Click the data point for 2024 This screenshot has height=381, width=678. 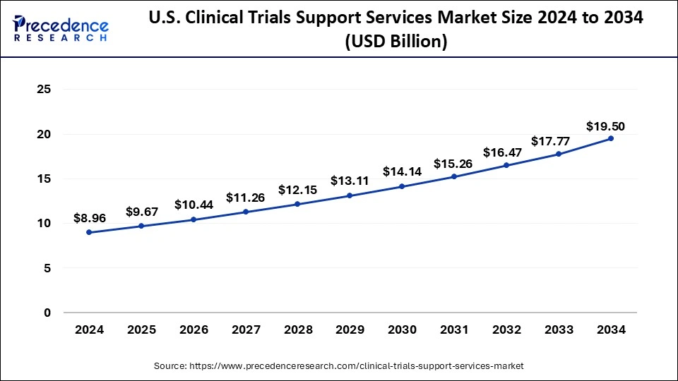tap(88, 232)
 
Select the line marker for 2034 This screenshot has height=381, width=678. tap(611, 138)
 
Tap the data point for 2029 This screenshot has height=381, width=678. tap(350, 195)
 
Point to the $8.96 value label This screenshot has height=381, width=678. tap(88, 218)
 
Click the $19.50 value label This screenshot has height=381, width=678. tap(605, 127)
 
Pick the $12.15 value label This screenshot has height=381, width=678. tap(297, 190)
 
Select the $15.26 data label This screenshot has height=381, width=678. tap(454, 163)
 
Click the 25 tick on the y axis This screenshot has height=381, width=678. tap(44, 90)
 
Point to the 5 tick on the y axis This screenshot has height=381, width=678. tap(47, 268)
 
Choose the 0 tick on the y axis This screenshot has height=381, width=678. tap(47, 313)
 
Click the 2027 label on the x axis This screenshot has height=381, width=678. tap(245, 329)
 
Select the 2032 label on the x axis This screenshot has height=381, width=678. tap(506, 329)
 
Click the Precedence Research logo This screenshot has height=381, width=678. tap(61, 28)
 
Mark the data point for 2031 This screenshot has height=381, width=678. tap(454, 176)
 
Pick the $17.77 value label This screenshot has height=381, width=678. tap(559, 141)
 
